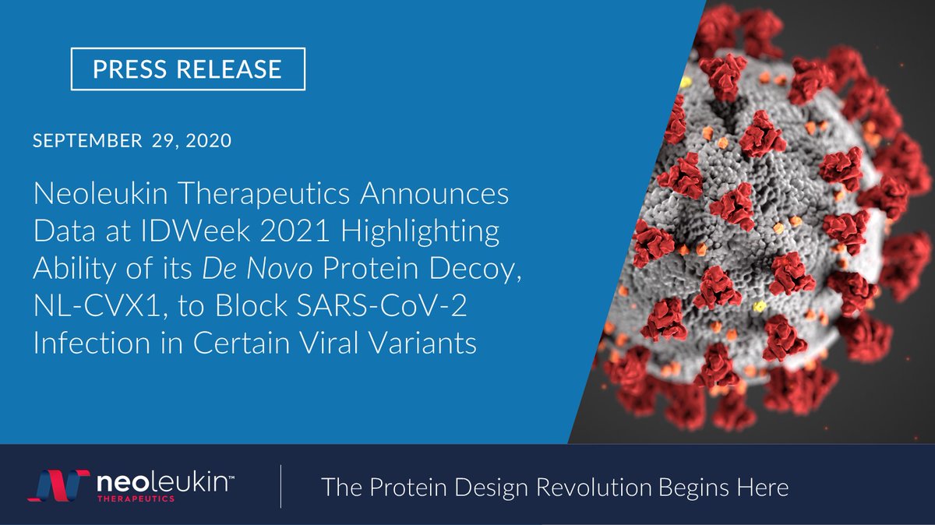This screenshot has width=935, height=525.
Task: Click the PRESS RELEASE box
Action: click(187, 69)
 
